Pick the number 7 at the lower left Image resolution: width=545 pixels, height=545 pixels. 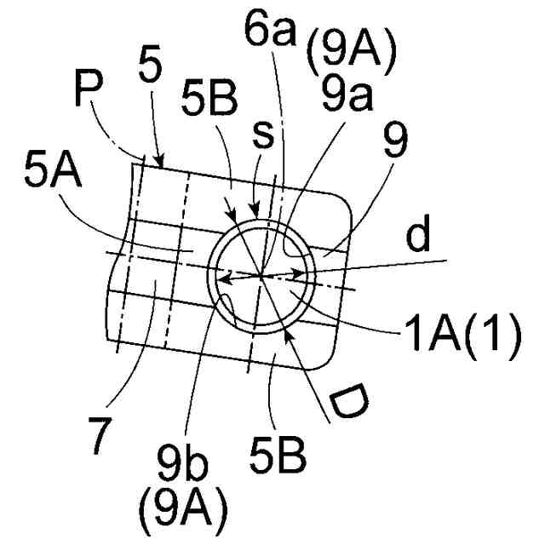click(100, 434)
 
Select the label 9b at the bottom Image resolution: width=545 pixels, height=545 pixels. click(181, 469)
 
